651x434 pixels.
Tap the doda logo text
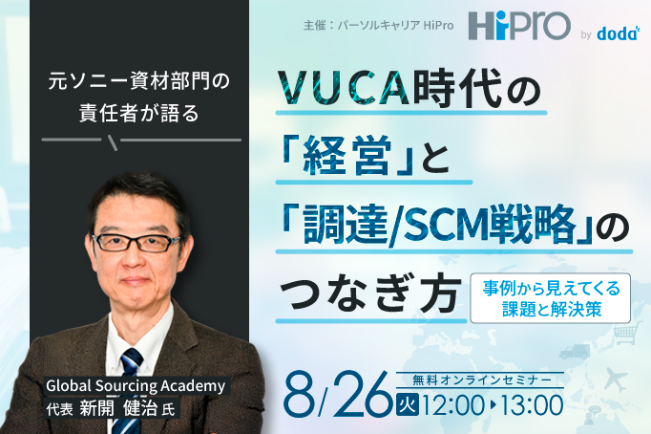[x=621, y=33]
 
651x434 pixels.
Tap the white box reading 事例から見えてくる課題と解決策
[x=549, y=297]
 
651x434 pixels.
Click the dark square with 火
[x=406, y=404]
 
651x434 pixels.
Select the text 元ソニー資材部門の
[x=139, y=83]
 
